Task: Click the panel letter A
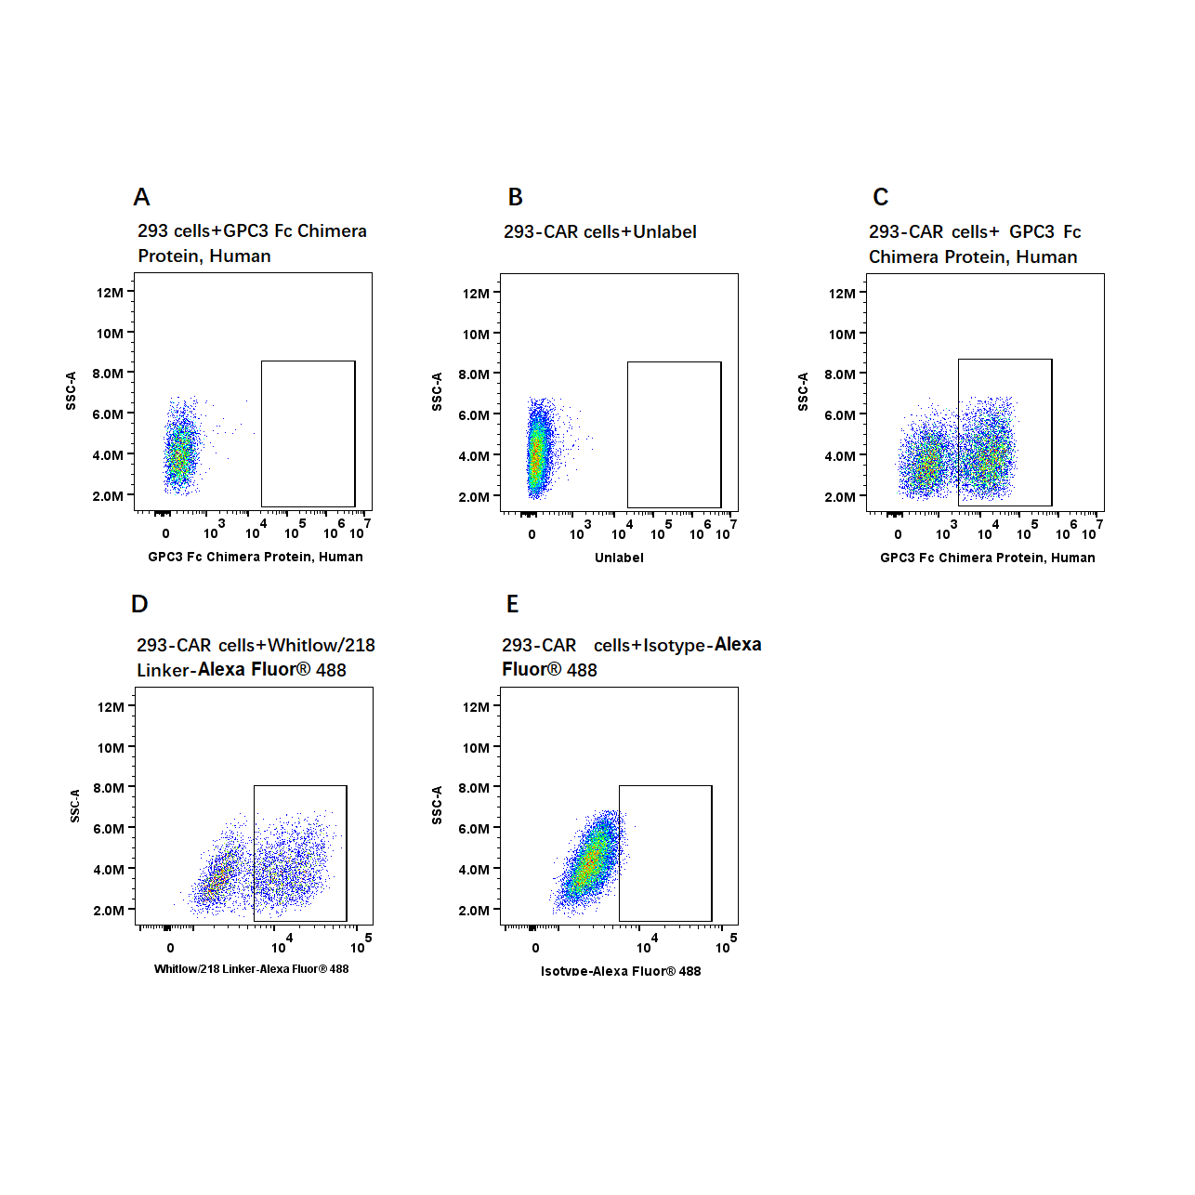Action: click(141, 197)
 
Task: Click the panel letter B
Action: click(515, 197)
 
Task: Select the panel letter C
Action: click(880, 197)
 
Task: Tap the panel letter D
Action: click(139, 604)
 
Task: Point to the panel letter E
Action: click(512, 604)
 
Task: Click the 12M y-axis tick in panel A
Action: click(110, 293)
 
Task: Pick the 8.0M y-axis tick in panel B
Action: click(474, 374)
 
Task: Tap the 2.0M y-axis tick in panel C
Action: click(840, 497)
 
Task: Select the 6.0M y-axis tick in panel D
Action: click(109, 829)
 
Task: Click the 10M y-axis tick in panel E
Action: click(476, 748)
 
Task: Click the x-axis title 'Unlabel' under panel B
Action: click(619, 558)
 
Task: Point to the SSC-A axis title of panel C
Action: click(803, 391)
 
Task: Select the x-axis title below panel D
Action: click(251, 969)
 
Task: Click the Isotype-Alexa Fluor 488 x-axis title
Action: click(621, 971)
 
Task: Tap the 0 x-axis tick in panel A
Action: click(165, 533)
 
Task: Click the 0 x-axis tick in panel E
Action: click(535, 948)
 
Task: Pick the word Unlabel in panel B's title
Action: click(664, 231)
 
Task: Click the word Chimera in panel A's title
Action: click(332, 230)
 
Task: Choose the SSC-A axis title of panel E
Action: click(437, 805)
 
